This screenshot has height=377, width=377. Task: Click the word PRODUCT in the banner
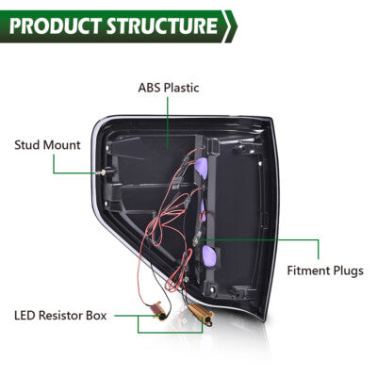point(56,25)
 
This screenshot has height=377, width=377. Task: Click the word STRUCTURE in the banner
point(162,25)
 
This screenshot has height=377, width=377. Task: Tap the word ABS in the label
point(150,88)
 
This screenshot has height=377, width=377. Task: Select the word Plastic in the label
point(182,88)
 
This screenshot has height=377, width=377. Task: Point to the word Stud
point(27,145)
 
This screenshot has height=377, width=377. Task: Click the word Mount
point(62,145)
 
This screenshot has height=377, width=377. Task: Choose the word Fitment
point(308,270)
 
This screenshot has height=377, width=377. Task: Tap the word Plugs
point(348,271)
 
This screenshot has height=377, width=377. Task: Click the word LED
point(24,316)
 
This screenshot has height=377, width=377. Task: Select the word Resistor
point(57,316)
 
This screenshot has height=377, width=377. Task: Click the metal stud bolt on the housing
point(104,172)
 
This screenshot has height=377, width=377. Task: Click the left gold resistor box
point(159,310)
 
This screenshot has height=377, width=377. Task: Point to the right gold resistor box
point(203,313)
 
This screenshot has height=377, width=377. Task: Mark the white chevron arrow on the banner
point(230,26)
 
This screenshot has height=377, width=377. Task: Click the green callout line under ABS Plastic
point(168,123)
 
